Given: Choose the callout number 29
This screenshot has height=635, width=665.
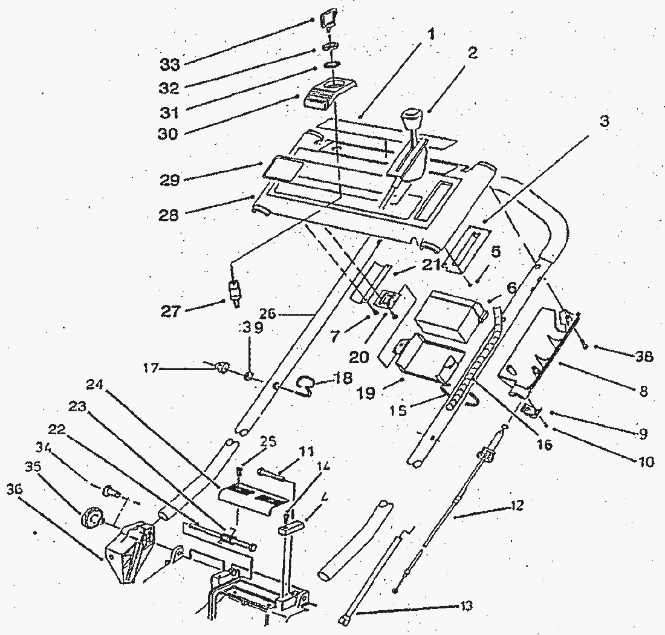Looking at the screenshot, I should (x=170, y=180).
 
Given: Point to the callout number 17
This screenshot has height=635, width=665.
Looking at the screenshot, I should (x=152, y=366).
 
